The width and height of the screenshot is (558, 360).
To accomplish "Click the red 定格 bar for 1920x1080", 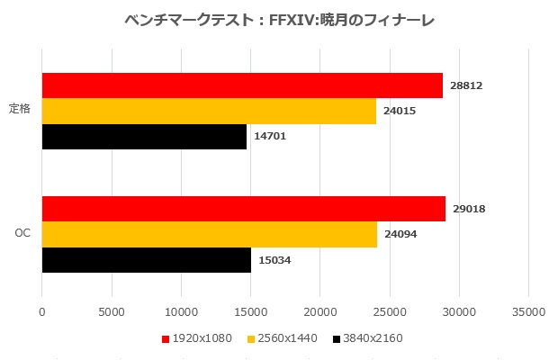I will click(242, 85).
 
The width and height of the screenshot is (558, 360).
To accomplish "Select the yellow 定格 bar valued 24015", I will click(209, 111).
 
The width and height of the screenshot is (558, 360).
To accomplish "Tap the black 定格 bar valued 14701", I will click(144, 137).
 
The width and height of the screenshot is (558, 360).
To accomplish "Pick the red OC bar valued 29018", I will click(243, 209).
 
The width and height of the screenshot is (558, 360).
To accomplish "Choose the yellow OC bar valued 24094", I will click(209, 234).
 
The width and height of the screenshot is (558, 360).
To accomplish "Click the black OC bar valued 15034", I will click(146, 260).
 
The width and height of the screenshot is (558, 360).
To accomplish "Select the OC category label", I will click(23, 234).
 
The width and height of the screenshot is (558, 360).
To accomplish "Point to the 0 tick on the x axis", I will click(41, 311).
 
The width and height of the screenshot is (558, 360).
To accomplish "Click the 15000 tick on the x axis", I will click(250, 311).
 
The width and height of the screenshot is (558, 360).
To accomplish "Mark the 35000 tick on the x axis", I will click(528, 311).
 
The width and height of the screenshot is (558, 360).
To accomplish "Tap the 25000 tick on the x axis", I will click(389, 311).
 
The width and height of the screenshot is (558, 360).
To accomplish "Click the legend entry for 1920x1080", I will click(193, 339).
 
